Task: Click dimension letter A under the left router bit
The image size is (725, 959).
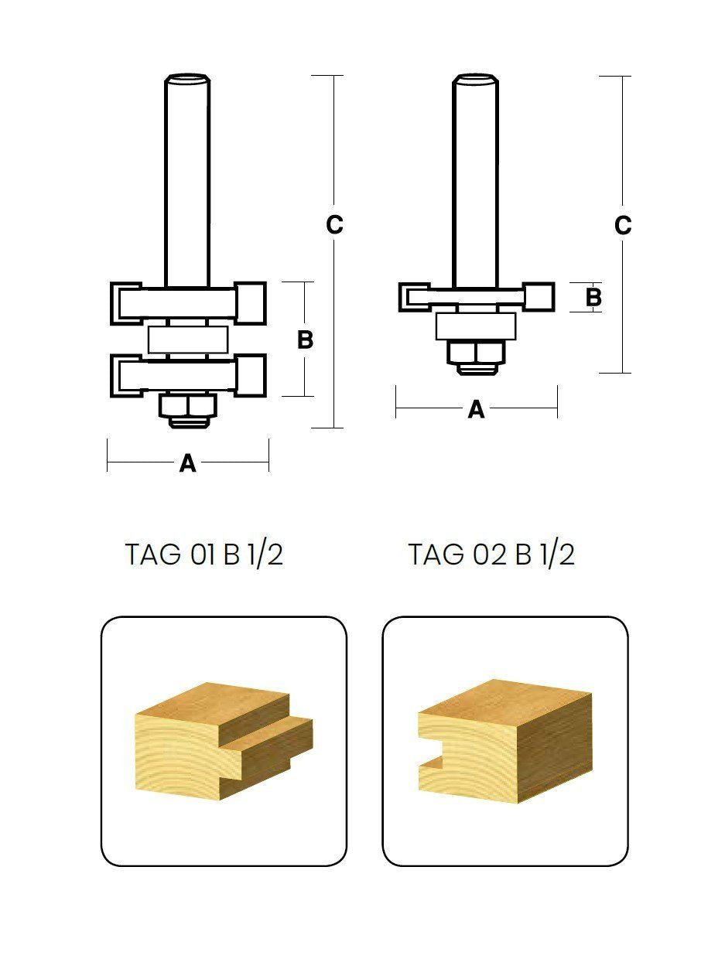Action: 187,463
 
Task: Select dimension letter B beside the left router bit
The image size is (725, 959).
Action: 306,340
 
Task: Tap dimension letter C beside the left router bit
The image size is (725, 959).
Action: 334,225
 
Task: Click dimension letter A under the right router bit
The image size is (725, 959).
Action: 476,409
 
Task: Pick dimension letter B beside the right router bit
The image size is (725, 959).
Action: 593,297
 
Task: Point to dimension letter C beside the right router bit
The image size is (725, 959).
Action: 623,225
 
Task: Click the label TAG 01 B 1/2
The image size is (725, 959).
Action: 203,555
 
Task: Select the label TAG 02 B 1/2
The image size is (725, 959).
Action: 491,555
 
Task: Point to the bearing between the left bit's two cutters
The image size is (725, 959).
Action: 188,340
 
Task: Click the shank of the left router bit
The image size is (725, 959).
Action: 187,178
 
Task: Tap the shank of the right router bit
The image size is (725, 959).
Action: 476,178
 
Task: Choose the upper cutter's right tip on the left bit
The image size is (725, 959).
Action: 252,302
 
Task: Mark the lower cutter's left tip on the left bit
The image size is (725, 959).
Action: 124,375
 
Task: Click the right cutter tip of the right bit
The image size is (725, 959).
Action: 539,297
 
